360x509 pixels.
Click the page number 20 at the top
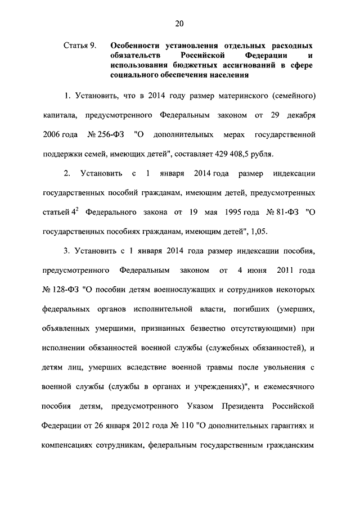[179, 23]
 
